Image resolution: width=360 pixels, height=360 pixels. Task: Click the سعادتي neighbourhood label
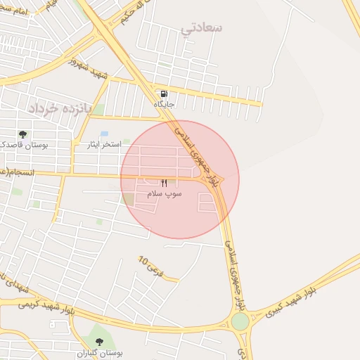point(202,28)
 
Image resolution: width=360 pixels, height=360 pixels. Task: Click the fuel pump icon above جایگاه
point(164,94)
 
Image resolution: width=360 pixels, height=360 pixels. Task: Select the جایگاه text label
point(164,104)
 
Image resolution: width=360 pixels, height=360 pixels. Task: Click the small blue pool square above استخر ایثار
point(104,134)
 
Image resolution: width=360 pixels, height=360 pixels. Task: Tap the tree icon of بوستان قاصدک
point(23,134)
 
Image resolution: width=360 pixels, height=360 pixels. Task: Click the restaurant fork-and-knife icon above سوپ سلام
point(165,183)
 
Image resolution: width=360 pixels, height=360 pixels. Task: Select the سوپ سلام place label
point(165,193)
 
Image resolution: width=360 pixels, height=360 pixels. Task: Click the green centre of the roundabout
point(240,321)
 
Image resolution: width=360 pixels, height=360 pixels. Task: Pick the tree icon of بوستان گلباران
point(98,342)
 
